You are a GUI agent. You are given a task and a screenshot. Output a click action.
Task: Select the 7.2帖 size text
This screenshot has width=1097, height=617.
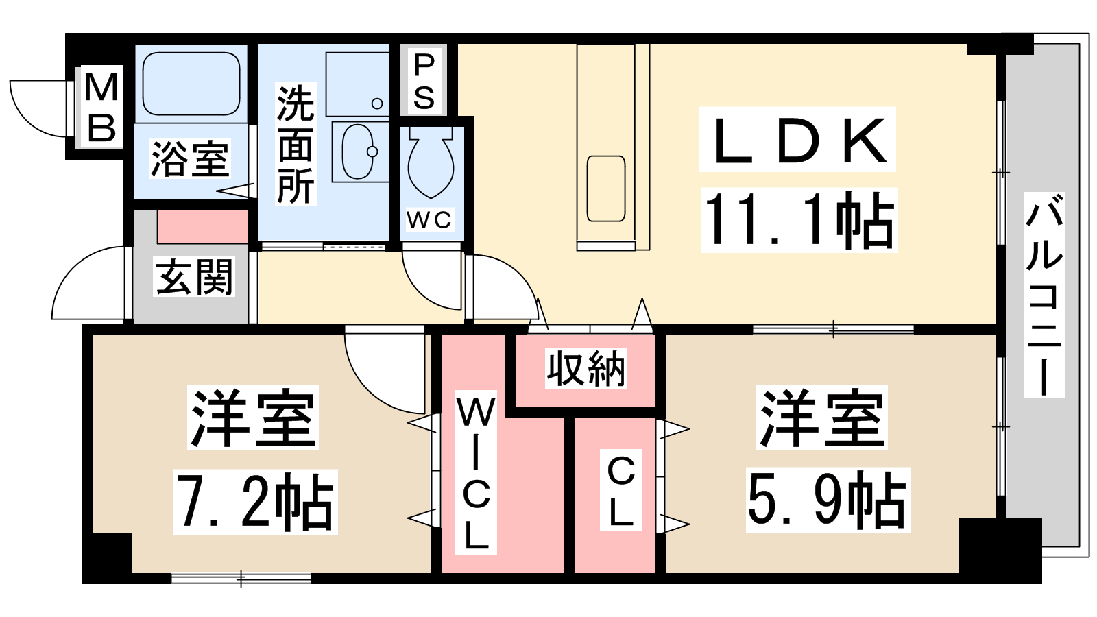pos(255,502)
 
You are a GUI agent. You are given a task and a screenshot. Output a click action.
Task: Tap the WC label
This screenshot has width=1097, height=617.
pos(429,220)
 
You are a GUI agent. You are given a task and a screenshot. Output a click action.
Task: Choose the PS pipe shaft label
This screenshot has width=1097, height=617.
pos(424,82)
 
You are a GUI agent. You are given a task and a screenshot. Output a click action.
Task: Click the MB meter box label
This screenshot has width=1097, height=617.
pos(101,107)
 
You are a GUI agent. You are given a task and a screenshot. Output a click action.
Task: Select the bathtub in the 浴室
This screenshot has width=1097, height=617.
pos(191,84)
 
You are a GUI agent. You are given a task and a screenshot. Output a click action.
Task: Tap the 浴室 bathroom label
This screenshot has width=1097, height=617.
pos(190,159)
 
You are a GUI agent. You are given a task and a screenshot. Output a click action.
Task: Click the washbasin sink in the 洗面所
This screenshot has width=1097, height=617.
pos(359,152)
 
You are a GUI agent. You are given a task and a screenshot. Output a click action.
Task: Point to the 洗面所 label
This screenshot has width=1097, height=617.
pos(296,144)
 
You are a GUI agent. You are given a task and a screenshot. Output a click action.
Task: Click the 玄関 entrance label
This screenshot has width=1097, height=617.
pos(195,277)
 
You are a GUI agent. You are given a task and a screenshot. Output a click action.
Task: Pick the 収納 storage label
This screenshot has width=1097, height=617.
pos(586,368)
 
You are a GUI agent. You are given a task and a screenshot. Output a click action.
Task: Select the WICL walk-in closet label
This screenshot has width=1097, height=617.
pos(476,472)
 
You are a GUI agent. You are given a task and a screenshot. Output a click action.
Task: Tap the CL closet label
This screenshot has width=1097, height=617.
pos(620,490)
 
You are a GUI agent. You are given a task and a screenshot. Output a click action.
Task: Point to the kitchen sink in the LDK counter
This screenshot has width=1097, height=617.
pos(606,189)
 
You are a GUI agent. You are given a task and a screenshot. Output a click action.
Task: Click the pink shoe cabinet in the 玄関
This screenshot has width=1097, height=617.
pos(202,227)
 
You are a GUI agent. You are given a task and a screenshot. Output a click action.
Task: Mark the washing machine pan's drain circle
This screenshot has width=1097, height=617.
pos(377,104)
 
